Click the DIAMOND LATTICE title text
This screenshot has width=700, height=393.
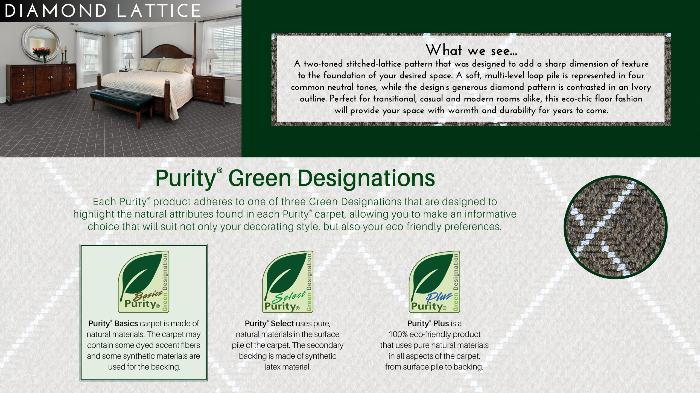103,11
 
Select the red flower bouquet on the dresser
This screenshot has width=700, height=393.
42,52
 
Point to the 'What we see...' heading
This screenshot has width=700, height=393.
471,50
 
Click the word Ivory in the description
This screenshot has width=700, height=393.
641,87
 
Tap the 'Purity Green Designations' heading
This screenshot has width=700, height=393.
295,178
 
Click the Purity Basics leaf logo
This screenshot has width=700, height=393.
144,282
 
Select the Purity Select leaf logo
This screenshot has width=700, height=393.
288,282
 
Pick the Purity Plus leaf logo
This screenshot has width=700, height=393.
434,282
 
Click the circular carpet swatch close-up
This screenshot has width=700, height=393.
616,227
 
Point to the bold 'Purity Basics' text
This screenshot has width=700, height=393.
113,323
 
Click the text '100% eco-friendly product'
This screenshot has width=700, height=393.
434,334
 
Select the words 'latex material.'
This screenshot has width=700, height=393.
288,367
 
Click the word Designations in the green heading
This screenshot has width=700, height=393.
366,178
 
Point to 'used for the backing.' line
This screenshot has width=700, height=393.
144,367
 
